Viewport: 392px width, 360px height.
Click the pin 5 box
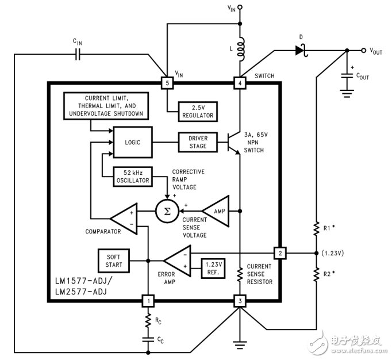[x=167, y=83]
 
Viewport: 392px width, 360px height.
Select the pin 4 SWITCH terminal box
[x=240, y=83]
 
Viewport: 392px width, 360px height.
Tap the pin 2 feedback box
[x=280, y=253]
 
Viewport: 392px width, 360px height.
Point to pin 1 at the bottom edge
[x=148, y=301]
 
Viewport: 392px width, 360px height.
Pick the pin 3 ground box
[x=240, y=301]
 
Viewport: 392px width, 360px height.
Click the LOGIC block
[x=133, y=142]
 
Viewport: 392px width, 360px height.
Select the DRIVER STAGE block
[x=198, y=142]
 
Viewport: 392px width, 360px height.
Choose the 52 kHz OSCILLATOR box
[x=133, y=177]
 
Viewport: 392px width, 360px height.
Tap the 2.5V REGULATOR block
[x=198, y=112]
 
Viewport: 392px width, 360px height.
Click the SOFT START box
[x=114, y=261]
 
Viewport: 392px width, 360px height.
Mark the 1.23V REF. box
[x=213, y=269]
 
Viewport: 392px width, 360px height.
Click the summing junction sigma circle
[x=167, y=212]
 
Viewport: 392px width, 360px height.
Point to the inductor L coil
[x=241, y=49]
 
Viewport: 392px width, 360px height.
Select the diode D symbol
[x=301, y=51]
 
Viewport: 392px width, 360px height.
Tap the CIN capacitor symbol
[x=78, y=54]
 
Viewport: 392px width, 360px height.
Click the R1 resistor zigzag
[x=316, y=228]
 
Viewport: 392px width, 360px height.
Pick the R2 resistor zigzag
[x=316, y=274]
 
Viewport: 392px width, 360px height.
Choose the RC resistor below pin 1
[x=148, y=320]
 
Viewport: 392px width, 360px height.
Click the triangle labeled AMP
[x=216, y=212]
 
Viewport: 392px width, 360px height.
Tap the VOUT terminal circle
[x=363, y=51]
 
